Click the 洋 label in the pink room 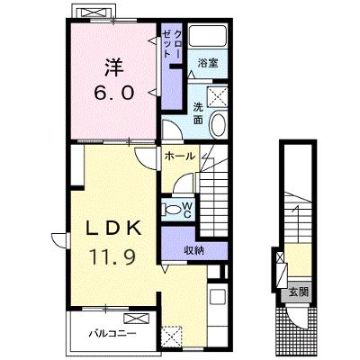(114, 67)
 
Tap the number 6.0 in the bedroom (114, 93)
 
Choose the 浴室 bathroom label (208, 63)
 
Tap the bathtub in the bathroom (208, 36)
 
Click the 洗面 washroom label (198, 113)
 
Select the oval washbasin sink (219, 125)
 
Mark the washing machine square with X (218, 95)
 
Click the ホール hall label (180, 156)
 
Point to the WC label (187, 209)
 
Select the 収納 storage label (194, 249)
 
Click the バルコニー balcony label (112, 333)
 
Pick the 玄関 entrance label (298, 292)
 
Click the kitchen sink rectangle (218, 297)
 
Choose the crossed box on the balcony (137, 318)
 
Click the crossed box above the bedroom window (94, 13)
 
